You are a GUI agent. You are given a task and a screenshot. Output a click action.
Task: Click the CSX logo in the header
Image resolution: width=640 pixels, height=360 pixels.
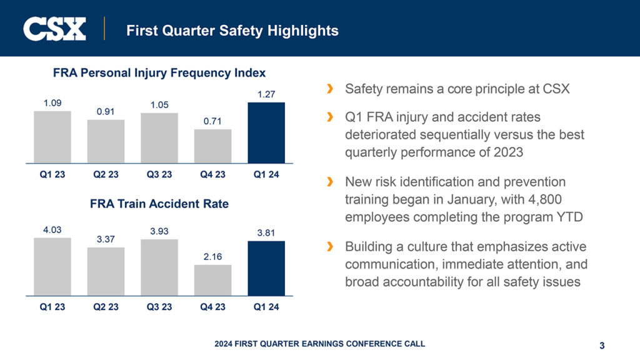pyautogui.click(x=54, y=29)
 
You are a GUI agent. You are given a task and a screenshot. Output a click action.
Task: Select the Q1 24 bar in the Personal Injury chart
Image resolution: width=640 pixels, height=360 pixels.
pyautogui.click(x=266, y=132)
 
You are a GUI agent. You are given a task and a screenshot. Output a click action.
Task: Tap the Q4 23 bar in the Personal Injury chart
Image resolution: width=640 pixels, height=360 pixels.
pyautogui.click(x=212, y=146)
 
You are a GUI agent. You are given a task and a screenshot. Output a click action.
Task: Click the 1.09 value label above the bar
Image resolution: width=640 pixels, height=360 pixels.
pyautogui.click(x=52, y=102)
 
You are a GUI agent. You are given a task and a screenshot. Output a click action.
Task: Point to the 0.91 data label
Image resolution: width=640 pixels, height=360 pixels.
pyautogui.click(x=106, y=111)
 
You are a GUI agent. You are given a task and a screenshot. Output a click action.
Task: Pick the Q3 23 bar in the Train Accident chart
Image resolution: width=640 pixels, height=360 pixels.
pyautogui.click(x=159, y=267)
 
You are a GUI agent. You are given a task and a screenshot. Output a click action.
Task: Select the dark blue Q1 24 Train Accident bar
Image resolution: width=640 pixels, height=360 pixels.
pyautogui.click(x=266, y=269)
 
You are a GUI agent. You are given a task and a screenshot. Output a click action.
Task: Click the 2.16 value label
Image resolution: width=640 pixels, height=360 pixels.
pyautogui.click(x=212, y=256)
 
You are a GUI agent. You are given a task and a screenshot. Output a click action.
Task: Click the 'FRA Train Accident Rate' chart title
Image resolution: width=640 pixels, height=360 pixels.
pyautogui.click(x=159, y=204)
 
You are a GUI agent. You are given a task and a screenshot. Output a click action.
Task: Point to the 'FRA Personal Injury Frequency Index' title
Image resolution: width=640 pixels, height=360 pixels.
pyautogui.click(x=159, y=73)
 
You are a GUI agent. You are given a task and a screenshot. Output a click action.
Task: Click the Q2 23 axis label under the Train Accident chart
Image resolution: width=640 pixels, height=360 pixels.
pyautogui.click(x=106, y=307)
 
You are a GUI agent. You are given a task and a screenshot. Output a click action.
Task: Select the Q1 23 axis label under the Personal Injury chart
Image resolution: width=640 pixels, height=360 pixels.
pyautogui.click(x=52, y=175)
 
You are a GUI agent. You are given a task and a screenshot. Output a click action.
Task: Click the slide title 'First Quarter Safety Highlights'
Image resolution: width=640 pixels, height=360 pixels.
pyautogui.click(x=232, y=30)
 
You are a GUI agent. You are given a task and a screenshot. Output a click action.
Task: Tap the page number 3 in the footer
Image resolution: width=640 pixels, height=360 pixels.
pyautogui.click(x=601, y=345)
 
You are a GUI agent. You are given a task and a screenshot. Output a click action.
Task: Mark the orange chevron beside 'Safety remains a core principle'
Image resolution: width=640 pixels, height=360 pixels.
pyautogui.click(x=330, y=89)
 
